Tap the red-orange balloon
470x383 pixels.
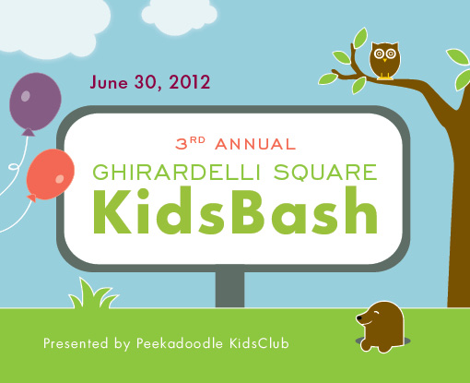pos(51,174)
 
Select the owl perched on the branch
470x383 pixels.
pos(384,61)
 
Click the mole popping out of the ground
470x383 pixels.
pos(381,327)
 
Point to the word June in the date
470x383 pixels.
pos(109,82)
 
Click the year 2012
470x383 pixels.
pos(190,82)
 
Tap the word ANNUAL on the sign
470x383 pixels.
pos(255,144)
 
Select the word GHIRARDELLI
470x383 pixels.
pos(177,172)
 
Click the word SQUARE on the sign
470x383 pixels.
pos(325,172)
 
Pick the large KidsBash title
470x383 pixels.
pos(235,210)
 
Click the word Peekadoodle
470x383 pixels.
pos(180,343)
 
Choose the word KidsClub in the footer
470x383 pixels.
pos(259,343)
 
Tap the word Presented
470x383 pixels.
pos(76,343)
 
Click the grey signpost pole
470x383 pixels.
pos(229,289)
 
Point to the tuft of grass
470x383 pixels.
pos(93,293)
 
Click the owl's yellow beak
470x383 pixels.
pos(384,60)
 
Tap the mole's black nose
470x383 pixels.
pos(358,318)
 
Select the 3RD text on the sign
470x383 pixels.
pos(190,143)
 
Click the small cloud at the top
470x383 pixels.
pos(180,17)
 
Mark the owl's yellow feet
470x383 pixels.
pos(385,77)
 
